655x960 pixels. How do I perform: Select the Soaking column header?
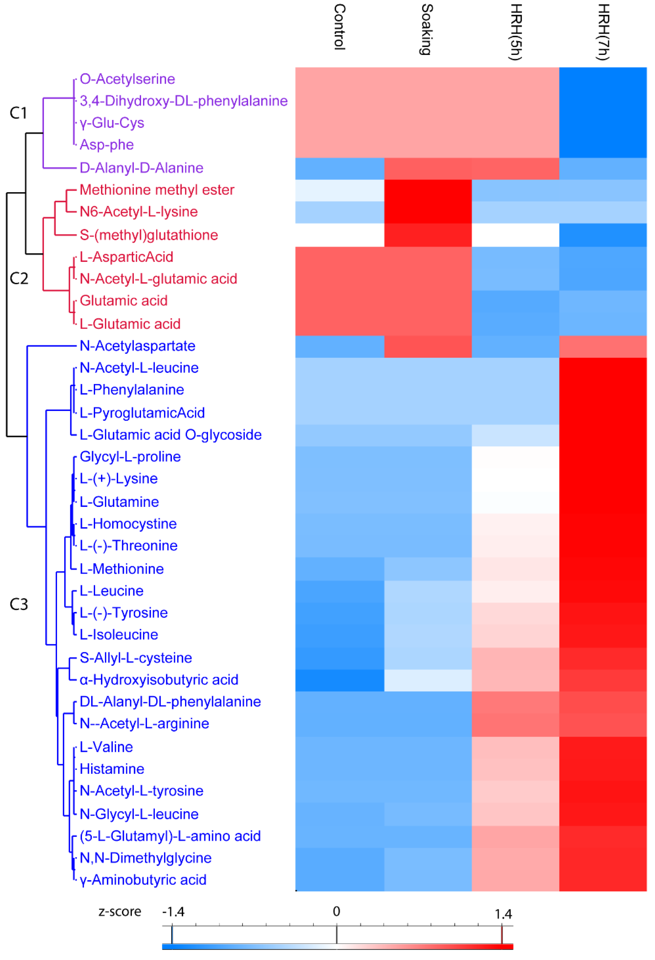tap(427, 30)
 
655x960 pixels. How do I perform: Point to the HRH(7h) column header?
tap(603, 32)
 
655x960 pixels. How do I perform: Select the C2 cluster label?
tap(19, 279)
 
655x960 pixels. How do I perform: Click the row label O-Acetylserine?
tap(127, 79)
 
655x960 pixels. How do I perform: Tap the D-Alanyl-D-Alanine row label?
tap(141, 168)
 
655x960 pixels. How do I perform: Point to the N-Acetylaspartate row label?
tap(137, 346)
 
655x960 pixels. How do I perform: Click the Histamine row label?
tap(112, 769)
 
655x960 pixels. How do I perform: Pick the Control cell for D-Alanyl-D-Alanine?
tap(339, 169)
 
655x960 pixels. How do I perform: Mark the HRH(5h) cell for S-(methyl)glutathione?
tap(515, 235)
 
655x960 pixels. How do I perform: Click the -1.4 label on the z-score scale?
tap(173, 912)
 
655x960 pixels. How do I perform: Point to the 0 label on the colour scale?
tap(337, 911)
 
